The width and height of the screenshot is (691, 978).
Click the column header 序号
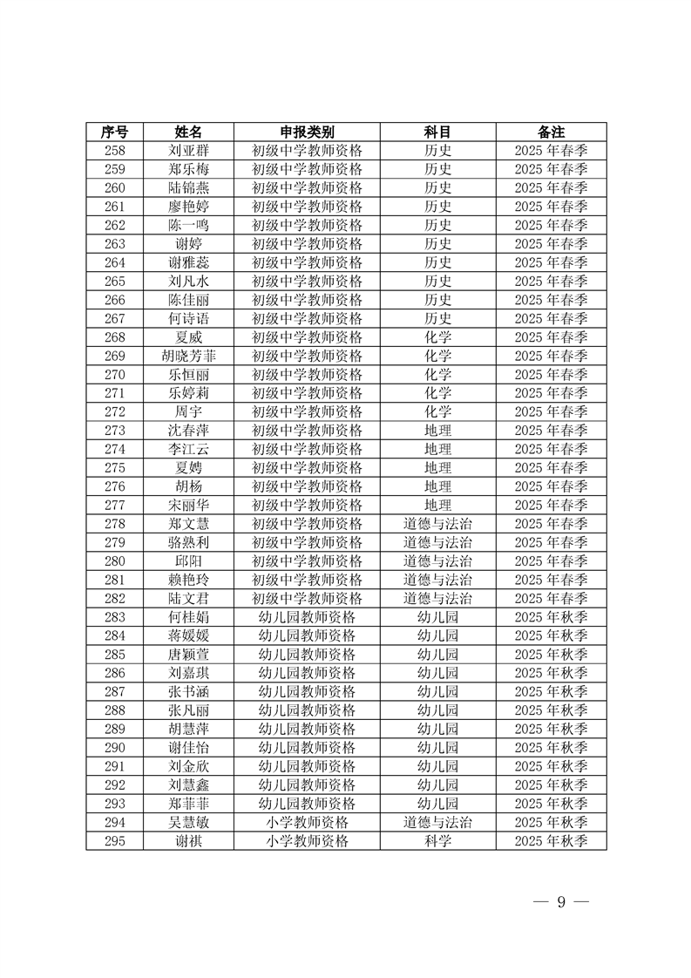(x=114, y=132)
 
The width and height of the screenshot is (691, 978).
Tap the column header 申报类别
(x=307, y=132)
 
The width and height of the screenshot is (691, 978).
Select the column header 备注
(x=551, y=132)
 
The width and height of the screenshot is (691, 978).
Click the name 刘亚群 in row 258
(x=188, y=150)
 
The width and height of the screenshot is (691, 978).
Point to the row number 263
(x=114, y=244)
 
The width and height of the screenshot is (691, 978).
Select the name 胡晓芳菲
(x=188, y=356)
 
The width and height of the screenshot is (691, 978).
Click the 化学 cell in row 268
(x=437, y=337)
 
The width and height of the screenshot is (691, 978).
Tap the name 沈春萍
(x=188, y=431)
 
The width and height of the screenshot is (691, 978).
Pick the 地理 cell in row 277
(x=437, y=506)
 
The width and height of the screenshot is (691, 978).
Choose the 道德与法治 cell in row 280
(x=437, y=561)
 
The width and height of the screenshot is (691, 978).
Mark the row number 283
(x=114, y=617)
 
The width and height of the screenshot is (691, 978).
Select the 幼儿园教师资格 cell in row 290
(x=307, y=748)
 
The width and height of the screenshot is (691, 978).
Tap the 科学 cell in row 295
(x=437, y=841)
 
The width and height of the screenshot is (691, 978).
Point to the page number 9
(x=561, y=902)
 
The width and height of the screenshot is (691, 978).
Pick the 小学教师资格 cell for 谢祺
(x=307, y=841)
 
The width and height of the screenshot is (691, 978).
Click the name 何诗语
(x=188, y=318)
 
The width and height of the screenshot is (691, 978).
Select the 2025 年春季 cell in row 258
(x=551, y=150)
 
